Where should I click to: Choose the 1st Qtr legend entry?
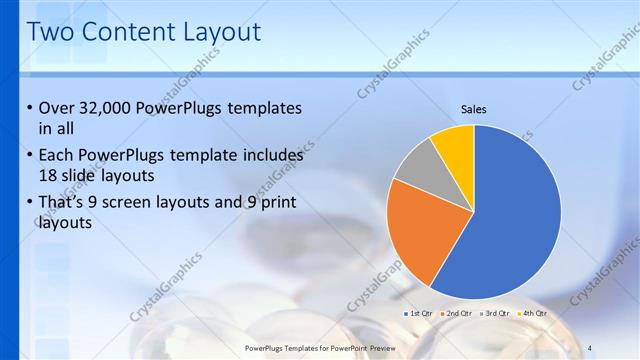419,314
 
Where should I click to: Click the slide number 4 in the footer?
590,347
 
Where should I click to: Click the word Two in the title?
51,32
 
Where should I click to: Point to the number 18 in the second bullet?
47,176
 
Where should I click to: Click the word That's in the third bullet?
63,204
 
